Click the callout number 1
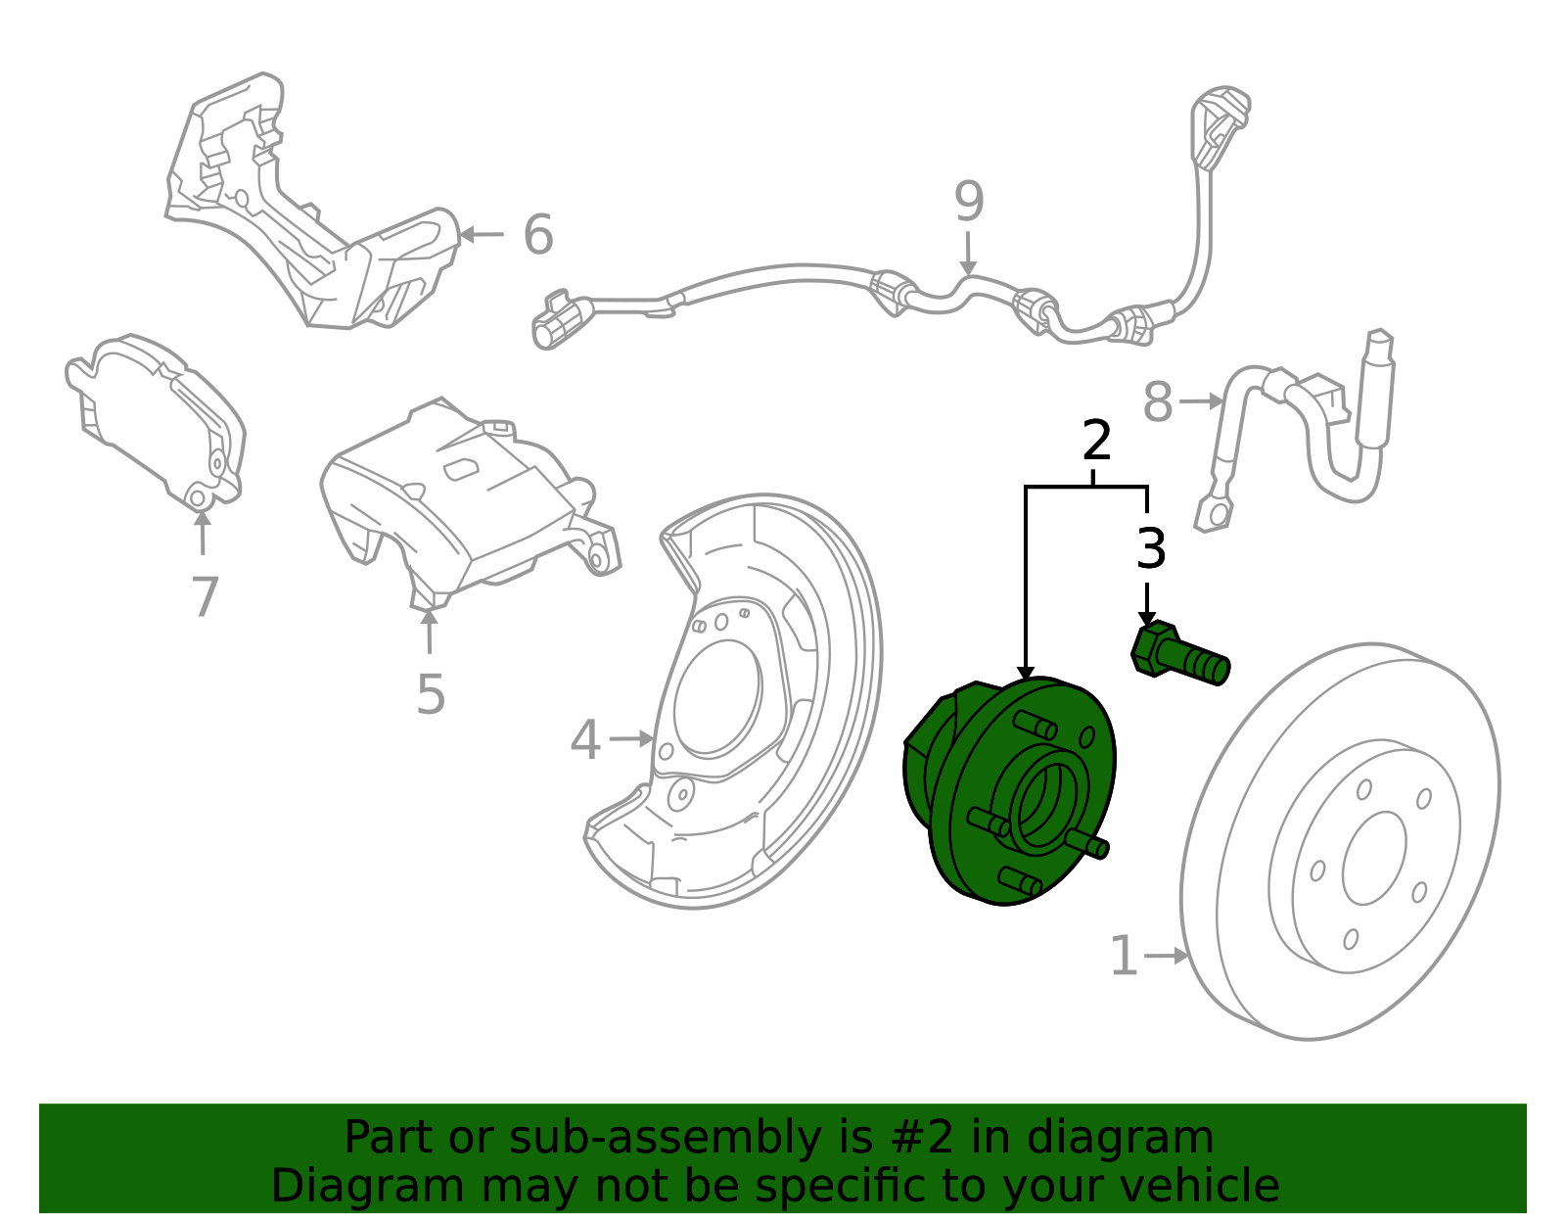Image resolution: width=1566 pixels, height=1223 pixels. click(1125, 957)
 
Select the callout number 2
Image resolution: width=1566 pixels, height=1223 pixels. click(1096, 441)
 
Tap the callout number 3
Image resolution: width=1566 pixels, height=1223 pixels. click(1151, 548)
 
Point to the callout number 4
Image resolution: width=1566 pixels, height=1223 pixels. click(585, 739)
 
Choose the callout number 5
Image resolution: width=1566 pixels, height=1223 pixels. click(431, 694)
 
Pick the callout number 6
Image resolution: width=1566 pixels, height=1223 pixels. click(538, 234)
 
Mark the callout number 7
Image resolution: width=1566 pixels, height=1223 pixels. click(205, 596)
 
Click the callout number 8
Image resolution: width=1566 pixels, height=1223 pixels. click(1159, 402)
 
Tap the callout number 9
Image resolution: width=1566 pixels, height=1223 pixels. click(969, 201)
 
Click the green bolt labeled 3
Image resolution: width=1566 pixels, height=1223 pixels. click(1179, 654)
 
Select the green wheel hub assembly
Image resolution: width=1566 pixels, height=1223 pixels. click(1010, 790)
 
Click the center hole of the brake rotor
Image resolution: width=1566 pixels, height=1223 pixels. click(1374, 858)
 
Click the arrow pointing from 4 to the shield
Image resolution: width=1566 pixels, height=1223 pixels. click(631, 739)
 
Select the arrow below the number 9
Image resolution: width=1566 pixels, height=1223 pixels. click(969, 254)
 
